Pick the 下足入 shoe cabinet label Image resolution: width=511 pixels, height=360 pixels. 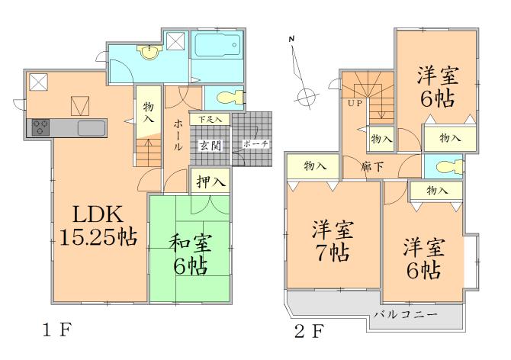pyautogui.click(x=211, y=120)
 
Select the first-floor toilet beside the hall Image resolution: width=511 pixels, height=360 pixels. pyautogui.click(x=228, y=98)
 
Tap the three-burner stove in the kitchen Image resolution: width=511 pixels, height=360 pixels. pyautogui.click(x=40, y=128)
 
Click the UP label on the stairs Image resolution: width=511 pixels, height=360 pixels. pyautogui.click(x=355, y=102)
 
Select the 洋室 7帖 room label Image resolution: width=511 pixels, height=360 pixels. pyautogui.click(x=332, y=240)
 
